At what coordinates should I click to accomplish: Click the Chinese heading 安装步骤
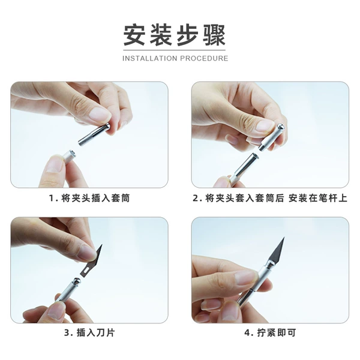tap(175, 35)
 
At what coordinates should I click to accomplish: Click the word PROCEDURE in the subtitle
tap(204, 58)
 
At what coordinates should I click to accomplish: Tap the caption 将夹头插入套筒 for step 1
tap(95, 198)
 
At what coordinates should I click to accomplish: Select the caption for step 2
tap(270, 198)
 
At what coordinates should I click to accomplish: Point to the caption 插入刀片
tap(95, 332)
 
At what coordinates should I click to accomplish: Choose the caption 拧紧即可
tap(277, 332)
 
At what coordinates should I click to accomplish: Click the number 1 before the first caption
tap(52, 199)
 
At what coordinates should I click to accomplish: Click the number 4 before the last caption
tap(247, 332)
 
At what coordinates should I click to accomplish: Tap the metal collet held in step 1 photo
tap(94, 135)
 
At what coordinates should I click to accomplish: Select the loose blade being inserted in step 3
tap(91, 260)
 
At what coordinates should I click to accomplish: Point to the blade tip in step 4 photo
tap(284, 238)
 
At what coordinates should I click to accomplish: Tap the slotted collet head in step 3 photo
tap(77, 281)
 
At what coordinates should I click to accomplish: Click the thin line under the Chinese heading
tap(175, 50)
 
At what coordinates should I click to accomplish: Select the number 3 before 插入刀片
tap(67, 332)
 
